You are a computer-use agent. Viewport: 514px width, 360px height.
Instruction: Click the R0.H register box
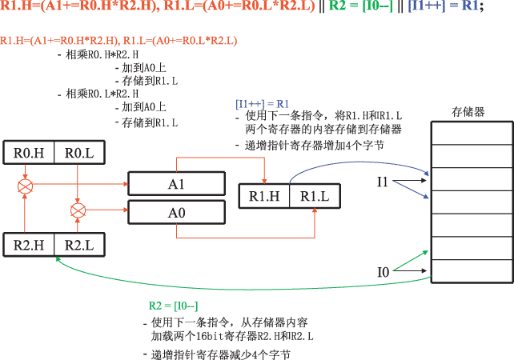pyautogui.click(x=30, y=153)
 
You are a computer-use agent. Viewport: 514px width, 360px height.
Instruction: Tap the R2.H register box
pyautogui.click(x=30, y=244)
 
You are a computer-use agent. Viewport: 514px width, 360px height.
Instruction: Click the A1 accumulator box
pyautogui.click(x=176, y=185)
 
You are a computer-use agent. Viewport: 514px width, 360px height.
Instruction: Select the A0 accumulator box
pyautogui.click(x=176, y=213)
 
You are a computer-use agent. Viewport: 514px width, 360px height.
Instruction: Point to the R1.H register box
pyautogui.click(x=264, y=195)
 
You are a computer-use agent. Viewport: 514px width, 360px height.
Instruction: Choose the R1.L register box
pyautogui.click(x=315, y=195)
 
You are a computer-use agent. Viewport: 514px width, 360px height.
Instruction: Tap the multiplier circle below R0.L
pyautogui.click(x=78, y=210)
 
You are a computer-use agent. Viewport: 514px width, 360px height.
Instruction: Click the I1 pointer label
pyautogui.click(x=383, y=183)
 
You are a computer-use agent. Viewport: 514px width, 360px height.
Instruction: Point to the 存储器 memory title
pyautogui.click(x=468, y=112)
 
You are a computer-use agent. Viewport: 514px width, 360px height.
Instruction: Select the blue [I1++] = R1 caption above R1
pyautogui.click(x=261, y=104)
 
